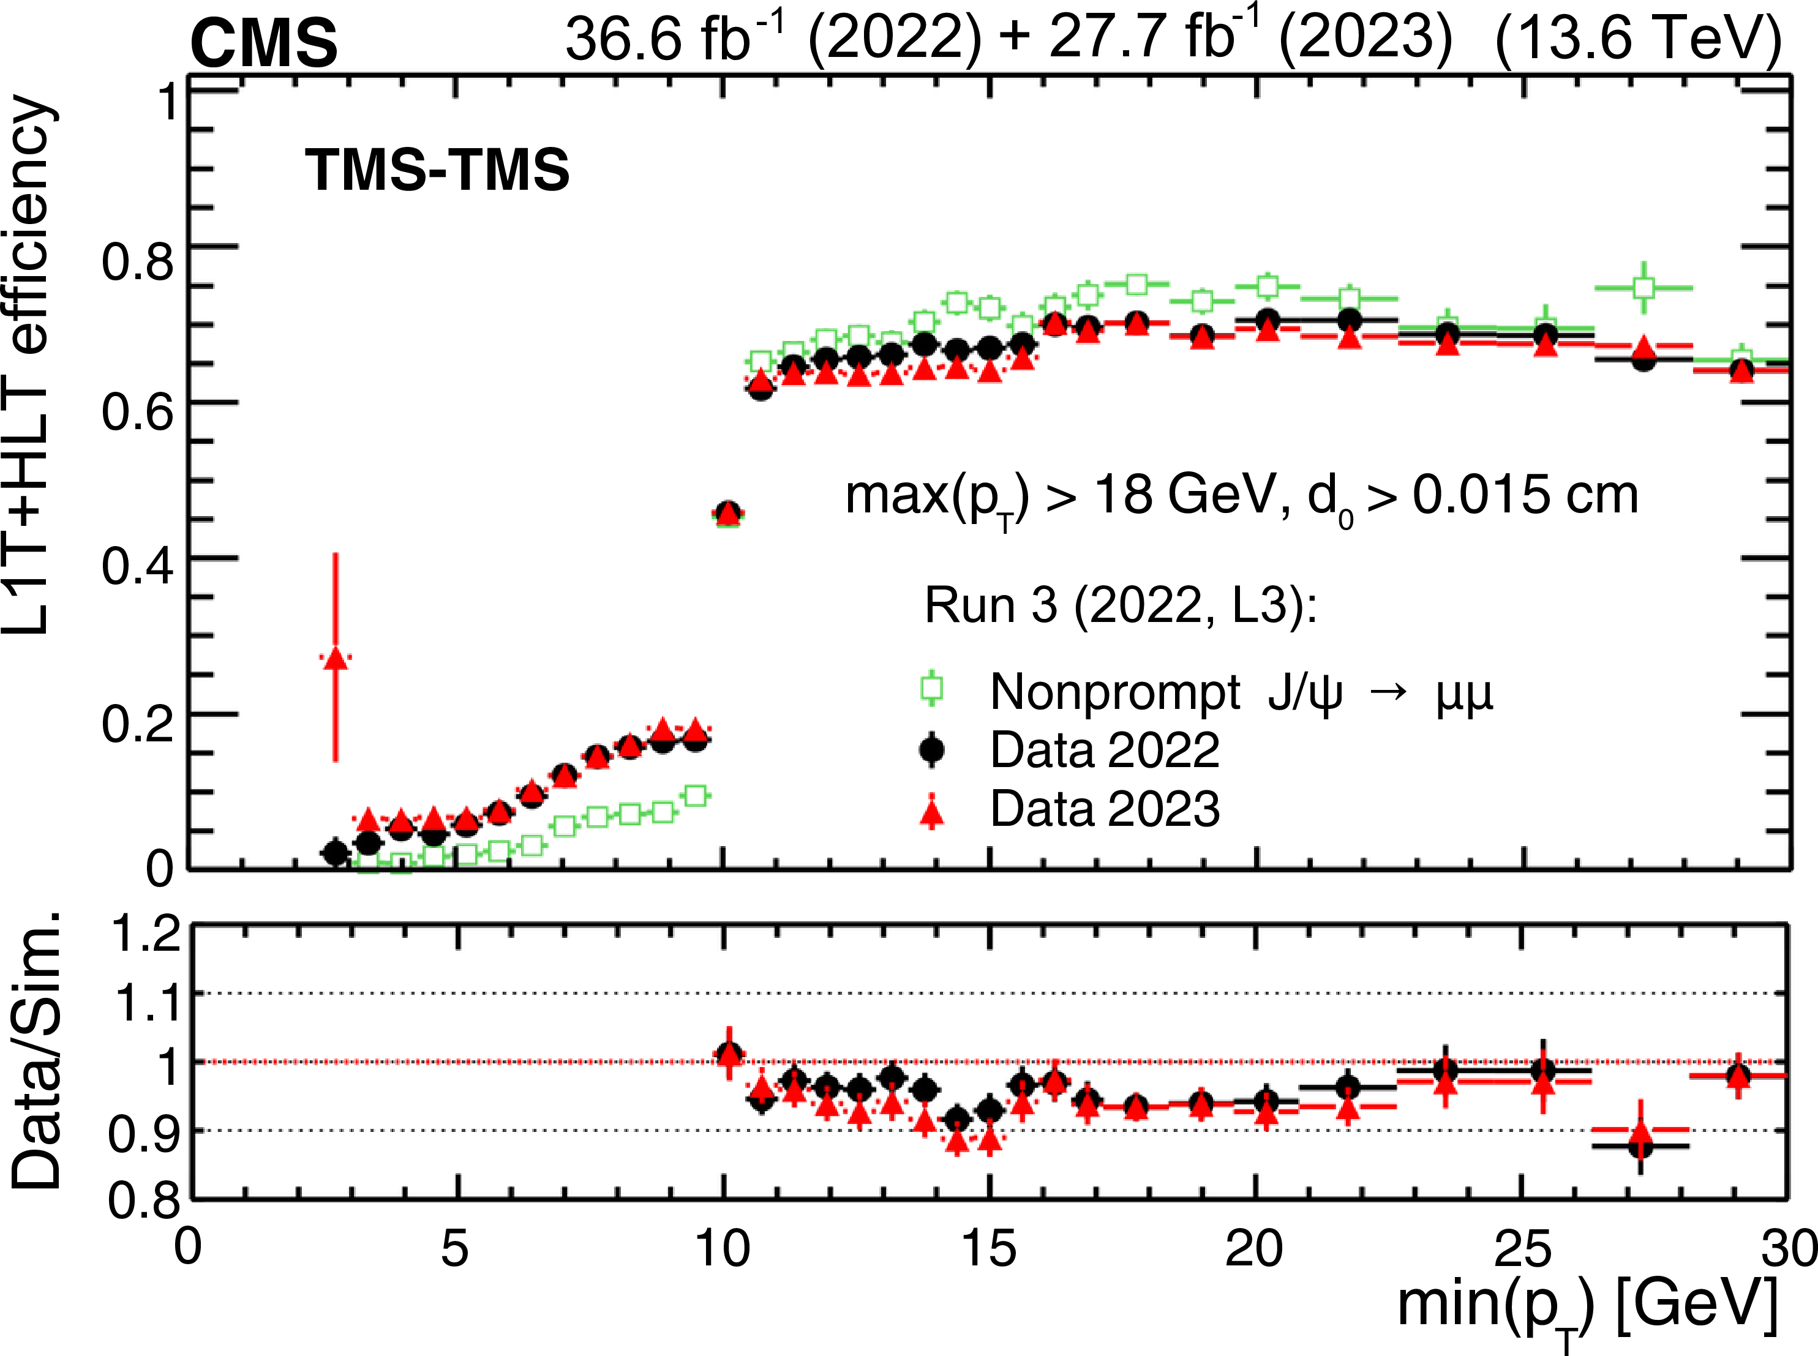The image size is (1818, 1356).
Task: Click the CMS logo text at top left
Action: pos(263,43)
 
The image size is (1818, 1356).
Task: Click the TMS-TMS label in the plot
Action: pos(437,170)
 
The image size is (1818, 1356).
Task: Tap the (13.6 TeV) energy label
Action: pos(1638,39)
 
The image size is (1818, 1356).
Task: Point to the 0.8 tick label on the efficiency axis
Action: pos(138,262)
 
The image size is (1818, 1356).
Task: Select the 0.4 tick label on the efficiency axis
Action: pos(138,566)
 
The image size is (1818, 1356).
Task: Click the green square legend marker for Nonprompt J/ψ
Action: pos(931,689)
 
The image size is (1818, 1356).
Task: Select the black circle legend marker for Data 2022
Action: pos(931,749)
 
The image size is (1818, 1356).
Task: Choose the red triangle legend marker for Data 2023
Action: pos(931,812)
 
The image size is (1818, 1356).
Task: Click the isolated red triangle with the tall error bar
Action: pos(335,657)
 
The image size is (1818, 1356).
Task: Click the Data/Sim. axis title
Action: pos(37,1051)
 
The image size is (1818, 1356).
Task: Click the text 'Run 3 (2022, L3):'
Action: pos(1121,606)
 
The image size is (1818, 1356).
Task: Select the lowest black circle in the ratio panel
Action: pos(1640,1146)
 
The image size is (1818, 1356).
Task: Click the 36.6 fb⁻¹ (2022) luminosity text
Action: pos(772,39)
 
